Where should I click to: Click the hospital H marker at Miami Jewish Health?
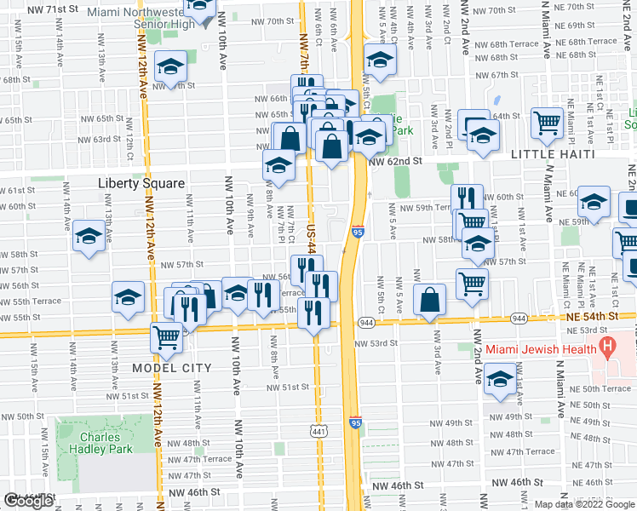[606, 347]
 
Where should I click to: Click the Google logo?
[30, 501]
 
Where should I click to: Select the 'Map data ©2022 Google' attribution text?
[585, 504]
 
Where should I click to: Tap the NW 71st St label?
[52, 9]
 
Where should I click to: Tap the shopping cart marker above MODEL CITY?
[167, 336]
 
